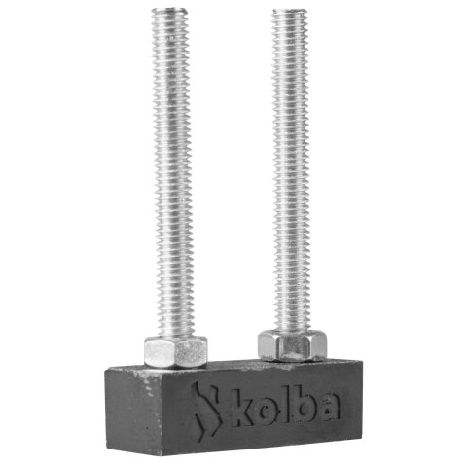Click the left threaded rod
(174, 175)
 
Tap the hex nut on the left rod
(176, 350)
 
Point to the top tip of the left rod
(175, 11)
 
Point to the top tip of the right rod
(291, 11)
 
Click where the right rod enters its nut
(290, 331)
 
